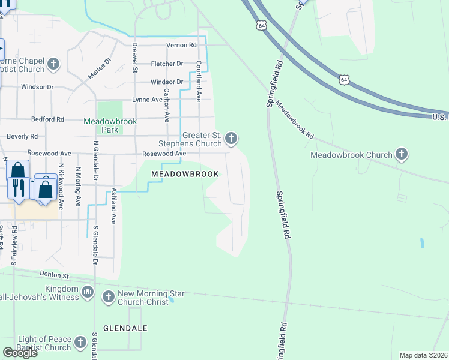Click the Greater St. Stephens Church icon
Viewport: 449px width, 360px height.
click(231, 140)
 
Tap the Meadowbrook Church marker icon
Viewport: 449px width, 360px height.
click(402, 155)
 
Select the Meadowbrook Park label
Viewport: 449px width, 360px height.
click(110, 125)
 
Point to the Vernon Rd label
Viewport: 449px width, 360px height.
click(184, 45)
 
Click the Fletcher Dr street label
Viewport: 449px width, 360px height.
click(167, 64)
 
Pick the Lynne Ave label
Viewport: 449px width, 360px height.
click(148, 100)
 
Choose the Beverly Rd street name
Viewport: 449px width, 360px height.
click(22, 137)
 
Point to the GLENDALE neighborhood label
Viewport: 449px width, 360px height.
click(125, 328)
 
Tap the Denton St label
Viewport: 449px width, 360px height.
click(55, 275)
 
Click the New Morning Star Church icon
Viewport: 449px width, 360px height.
click(109, 296)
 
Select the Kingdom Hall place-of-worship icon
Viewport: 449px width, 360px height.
click(87, 292)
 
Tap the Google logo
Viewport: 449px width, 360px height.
click(20, 353)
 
